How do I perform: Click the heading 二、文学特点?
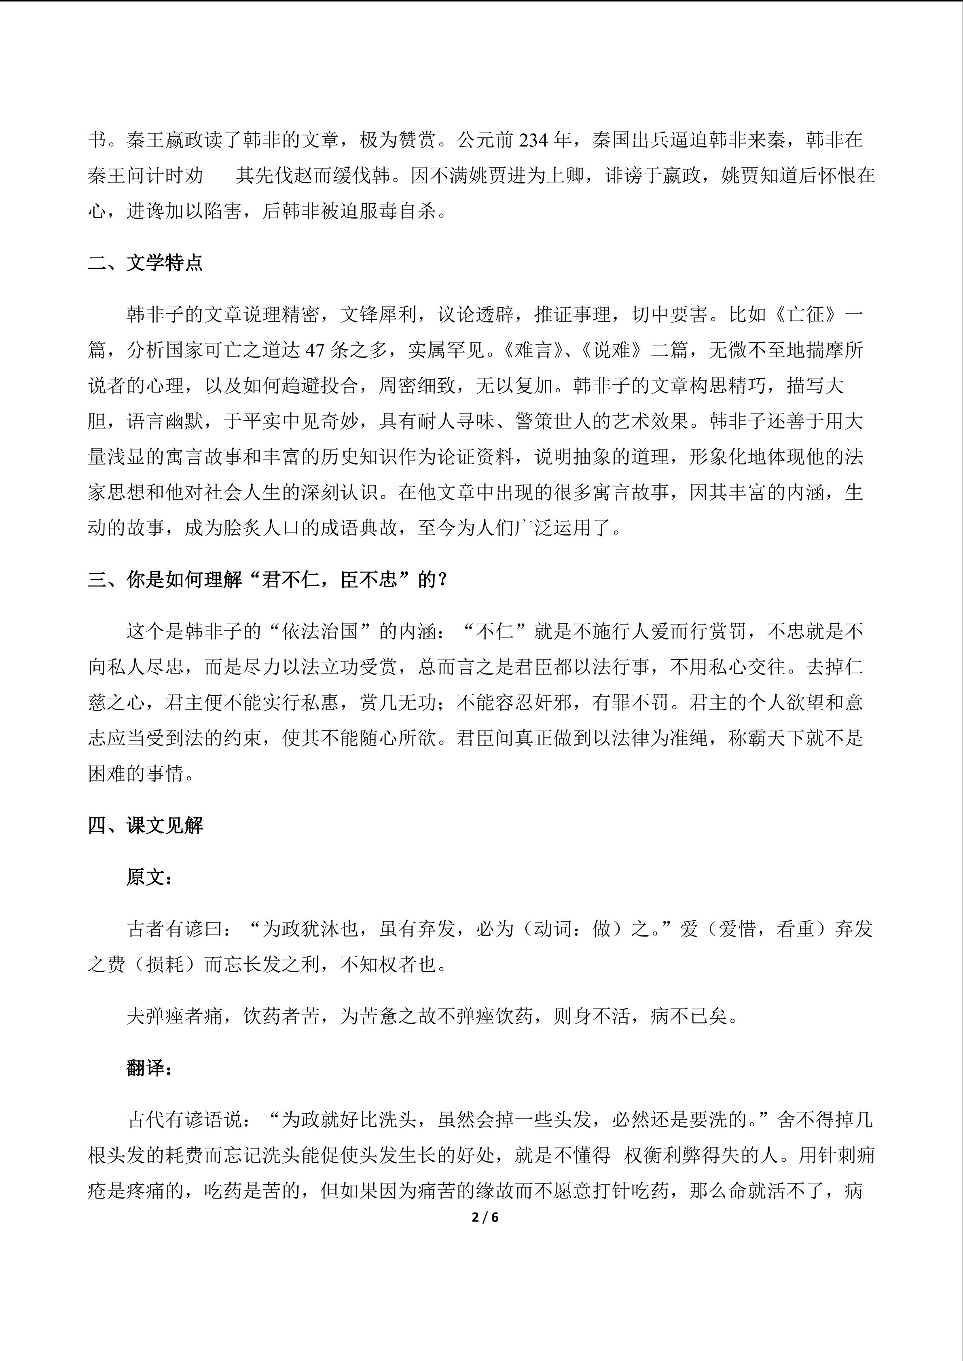point(145,263)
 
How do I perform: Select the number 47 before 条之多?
point(317,350)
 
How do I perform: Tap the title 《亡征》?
point(806,315)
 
